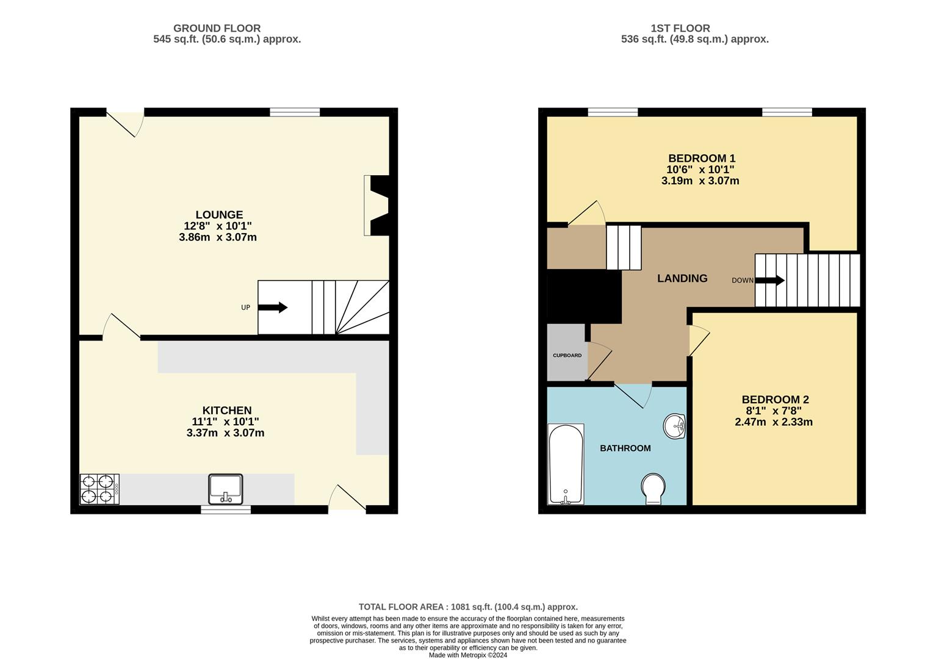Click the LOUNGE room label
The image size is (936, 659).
(x=219, y=215)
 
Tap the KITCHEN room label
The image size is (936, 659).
(x=226, y=411)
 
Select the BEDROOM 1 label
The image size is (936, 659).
(x=701, y=159)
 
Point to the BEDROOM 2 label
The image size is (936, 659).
(x=774, y=400)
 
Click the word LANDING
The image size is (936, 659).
(x=682, y=278)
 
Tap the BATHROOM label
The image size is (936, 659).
(x=625, y=448)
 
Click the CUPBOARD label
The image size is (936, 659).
(x=567, y=355)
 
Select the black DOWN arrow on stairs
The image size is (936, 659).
(x=769, y=281)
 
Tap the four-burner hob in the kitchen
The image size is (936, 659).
(x=99, y=489)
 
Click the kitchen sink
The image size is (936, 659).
(x=226, y=489)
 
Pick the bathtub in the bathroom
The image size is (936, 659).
(x=566, y=464)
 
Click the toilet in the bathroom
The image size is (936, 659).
(x=653, y=489)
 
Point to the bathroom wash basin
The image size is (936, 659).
(x=675, y=426)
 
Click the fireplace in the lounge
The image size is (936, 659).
(x=377, y=206)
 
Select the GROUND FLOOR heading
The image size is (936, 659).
(x=217, y=28)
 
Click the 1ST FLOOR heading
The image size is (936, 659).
(x=680, y=28)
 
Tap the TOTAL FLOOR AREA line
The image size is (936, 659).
(x=468, y=607)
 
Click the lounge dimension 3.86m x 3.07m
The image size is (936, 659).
(x=218, y=237)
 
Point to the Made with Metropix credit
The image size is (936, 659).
(x=468, y=655)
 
